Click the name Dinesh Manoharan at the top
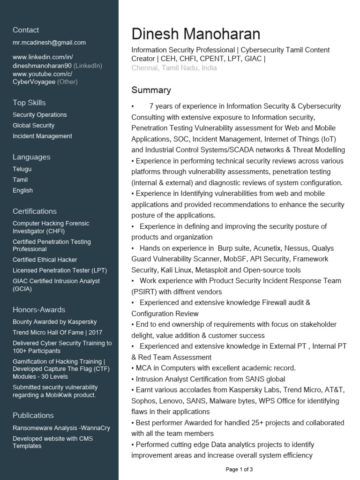pos(195,34)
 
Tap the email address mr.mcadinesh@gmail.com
pos(49,43)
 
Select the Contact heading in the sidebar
pos(26,30)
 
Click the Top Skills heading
pos(29,103)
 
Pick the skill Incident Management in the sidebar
pos(42,136)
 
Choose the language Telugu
pos(22,169)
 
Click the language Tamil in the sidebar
pos(20,180)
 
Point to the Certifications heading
pos(35,211)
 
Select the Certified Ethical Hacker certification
pos(45,260)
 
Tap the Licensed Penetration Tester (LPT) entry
pos(60,270)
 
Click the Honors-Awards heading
pos(39,310)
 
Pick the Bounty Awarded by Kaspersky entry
pos(55,322)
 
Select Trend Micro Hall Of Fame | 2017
pos(57,333)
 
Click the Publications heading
pos(33,415)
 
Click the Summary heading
pos(151,90)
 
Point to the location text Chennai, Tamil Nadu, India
pos(174,68)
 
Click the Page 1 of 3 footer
pos(239,469)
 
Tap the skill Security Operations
pos(40,115)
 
